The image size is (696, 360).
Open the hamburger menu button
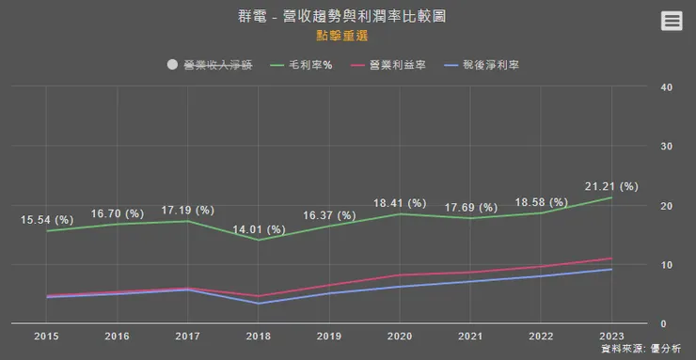click(x=672, y=21)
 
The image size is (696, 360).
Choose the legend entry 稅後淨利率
click(x=483, y=65)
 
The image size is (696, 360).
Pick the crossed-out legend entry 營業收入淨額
click(x=211, y=65)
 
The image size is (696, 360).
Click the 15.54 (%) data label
click(x=47, y=220)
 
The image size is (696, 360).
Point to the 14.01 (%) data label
click(x=258, y=227)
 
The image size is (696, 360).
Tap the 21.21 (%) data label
click(x=611, y=186)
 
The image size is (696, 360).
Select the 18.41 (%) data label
click(x=400, y=203)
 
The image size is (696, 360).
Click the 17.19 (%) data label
click(x=188, y=210)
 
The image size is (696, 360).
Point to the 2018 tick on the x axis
click(x=259, y=336)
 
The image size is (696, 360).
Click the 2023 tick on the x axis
click(x=611, y=336)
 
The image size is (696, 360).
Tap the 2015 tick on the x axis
click(x=47, y=336)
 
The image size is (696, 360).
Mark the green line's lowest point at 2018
click(x=259, y=240)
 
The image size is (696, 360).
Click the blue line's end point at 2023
click(x=611, y=269)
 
